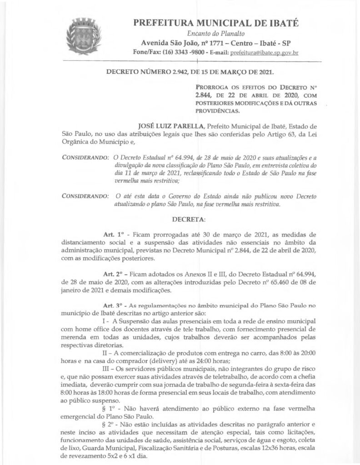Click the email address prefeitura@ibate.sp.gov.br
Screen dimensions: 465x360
click(265, 53)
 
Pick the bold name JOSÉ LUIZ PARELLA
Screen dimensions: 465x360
click(165, 125)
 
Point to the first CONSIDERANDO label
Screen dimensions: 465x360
click(85, 157)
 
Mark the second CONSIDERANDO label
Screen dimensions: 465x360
click(85, 196)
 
